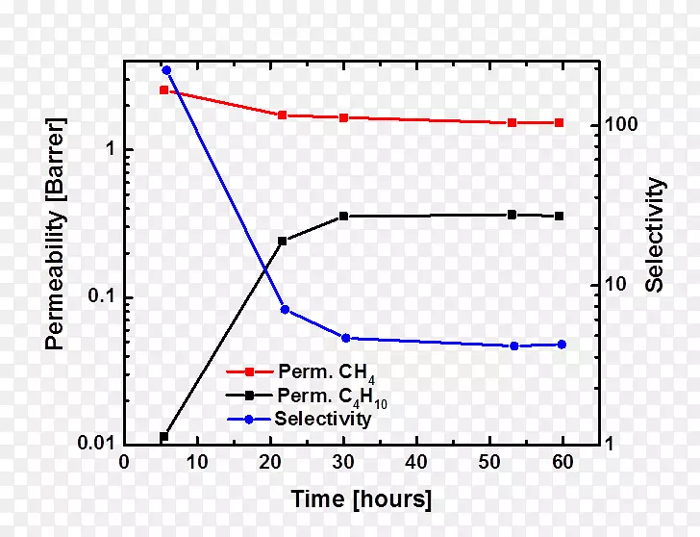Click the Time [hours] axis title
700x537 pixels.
pyautogui.click(x=362, y=499)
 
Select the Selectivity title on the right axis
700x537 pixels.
pyautogui.click(x=655, y=234)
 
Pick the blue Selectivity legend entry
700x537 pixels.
pyautogui.click(x=322, y=419)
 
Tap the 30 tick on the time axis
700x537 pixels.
pyautogui.click(x=344, y=462)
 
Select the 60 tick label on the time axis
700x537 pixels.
pyautogui.click(x=562, y=462)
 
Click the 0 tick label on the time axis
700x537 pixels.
pyautogui.click(x=124, y=462)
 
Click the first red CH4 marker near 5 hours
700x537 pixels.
pyautogui.click(x=164, y=90)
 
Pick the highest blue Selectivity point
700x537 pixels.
pyautogui.click(x=166, y=70)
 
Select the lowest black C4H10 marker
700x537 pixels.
pyautogui.click(x=163, y=437)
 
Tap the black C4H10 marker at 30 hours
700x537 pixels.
pyautogui.click(x=344, y=217)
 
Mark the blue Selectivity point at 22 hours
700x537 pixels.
pyautogui.click(x=285, y=310)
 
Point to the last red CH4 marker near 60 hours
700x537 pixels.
pyautogui.click(x=560, y=123)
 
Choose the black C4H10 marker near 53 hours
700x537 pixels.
pyautogui.click(x=512, y=215)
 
